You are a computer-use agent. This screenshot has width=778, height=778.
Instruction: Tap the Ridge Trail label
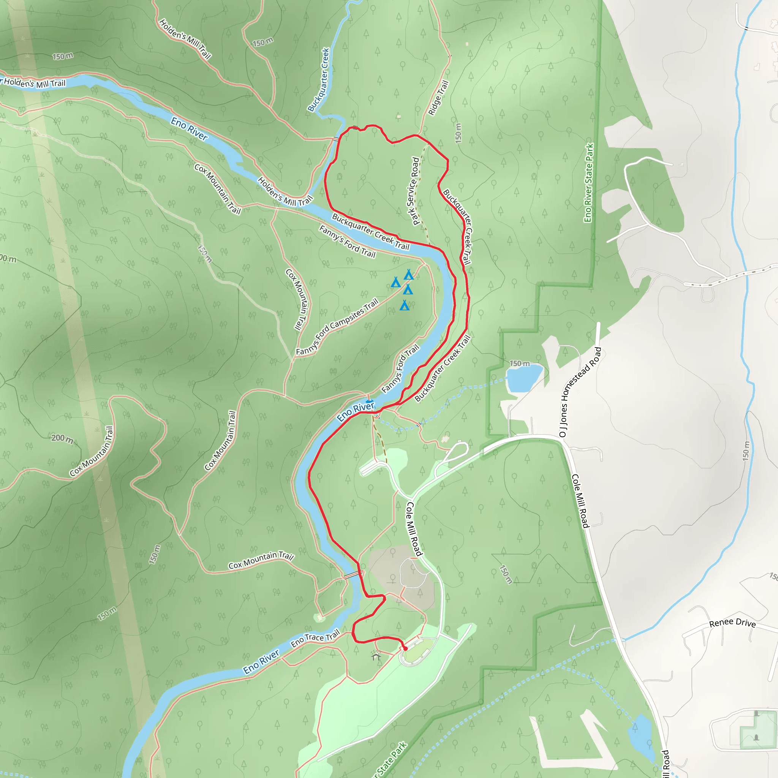[x=438, y=98]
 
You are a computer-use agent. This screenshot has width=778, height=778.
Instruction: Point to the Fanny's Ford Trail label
[x=347, y=242]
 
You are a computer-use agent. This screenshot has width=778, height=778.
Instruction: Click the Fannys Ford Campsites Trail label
[x=337, y=327]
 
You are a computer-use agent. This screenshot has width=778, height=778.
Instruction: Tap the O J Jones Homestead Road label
[x=580, y=392]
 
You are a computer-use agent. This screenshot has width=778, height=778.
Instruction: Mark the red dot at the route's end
[x=405, y=648]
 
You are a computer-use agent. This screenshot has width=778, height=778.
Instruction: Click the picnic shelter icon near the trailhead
[x=376, y=656]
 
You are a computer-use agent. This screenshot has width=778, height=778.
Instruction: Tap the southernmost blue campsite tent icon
[x=405, y=306]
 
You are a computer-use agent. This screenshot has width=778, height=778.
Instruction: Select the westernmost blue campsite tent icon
[x=396, y=282]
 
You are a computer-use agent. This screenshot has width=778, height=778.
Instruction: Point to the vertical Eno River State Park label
[x=589, y=183]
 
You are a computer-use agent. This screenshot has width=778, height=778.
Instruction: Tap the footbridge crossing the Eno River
[x=353, y=575]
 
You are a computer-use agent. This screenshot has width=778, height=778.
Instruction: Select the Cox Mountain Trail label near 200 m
[x=92, y=451]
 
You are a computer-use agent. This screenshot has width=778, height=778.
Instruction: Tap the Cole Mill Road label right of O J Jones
[x=580, y=501]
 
